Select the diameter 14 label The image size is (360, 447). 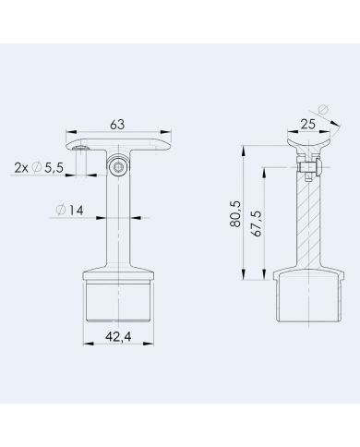(70, 210)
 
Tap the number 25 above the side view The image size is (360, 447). (309, 123)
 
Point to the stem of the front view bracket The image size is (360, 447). (118, 222)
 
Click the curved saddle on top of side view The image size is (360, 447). (308, 146)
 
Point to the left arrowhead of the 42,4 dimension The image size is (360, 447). (87, 344)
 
